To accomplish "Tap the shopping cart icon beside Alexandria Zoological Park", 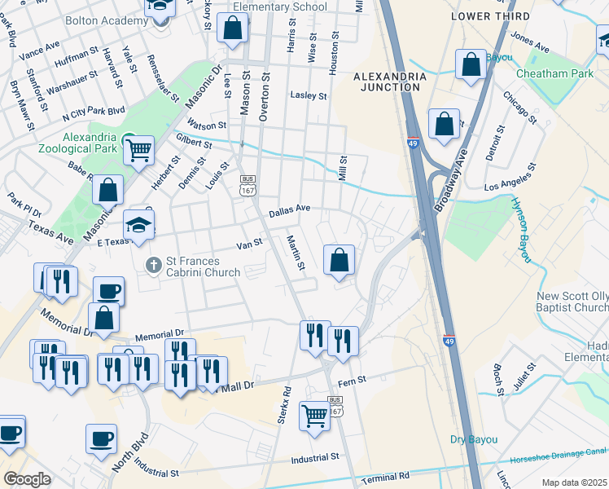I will (x=139, y=149).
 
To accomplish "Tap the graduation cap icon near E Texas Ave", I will (x=139, y=226).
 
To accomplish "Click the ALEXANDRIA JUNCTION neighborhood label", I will (x=389, y=82).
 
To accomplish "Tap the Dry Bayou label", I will (x=473, y=440).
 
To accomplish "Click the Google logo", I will (x=27, y=479).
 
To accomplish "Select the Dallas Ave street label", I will (x=290, y=209).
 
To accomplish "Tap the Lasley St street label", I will (x=309, y=95).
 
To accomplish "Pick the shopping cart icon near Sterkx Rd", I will (x=314, y=416).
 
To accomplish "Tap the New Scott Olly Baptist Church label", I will (x=572, y=302).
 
